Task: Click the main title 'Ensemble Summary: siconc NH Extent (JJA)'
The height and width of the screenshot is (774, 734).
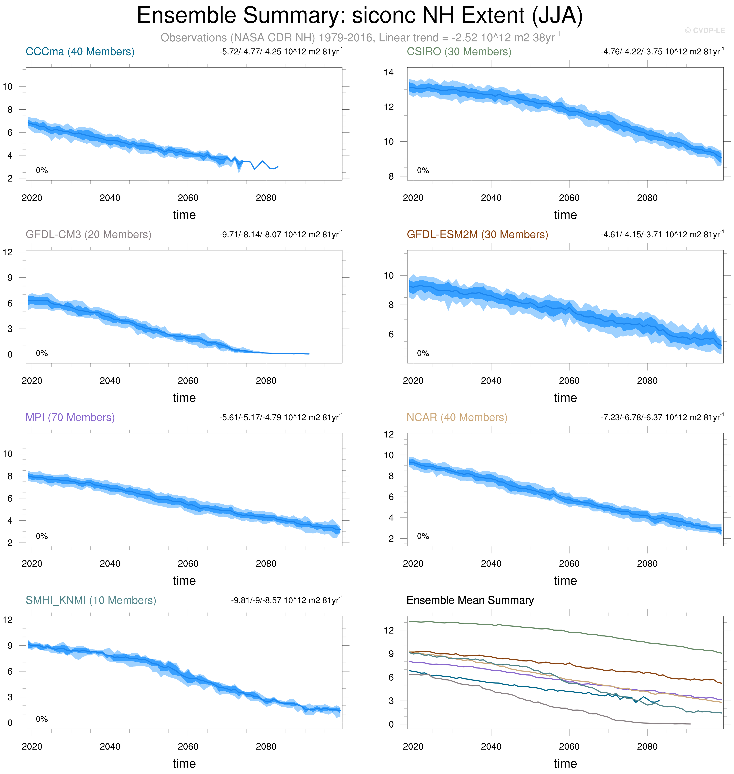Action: pyautogui.click(x=360, y=16)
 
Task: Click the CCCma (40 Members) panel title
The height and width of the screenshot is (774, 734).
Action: pyautogui.click(x=80, y=52)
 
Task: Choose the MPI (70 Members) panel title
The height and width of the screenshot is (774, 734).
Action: pyautogui.click(x=70, y=417)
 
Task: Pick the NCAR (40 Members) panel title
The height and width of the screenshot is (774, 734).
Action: pyautogui.click(x=457, y=417)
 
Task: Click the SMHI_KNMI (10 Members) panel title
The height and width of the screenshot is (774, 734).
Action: pyautogui.click(x=91, y=600)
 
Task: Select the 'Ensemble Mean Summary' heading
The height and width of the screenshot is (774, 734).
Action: pyautogui.click(x=470, y=600)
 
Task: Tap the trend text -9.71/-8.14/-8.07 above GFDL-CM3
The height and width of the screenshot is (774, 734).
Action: pyautogui.click(x=281, y=235)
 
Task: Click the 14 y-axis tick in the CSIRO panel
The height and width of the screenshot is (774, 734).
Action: pyautogui.click(x=389, y=72)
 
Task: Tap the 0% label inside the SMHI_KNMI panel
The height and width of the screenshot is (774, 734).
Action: pyautogui.click(x=42, y=719)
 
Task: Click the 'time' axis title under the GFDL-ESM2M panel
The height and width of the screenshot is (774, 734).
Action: pyautogui.click(x=565, y=398)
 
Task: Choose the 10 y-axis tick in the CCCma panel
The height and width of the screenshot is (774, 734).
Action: pyautogui.click(x=7, y=87)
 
